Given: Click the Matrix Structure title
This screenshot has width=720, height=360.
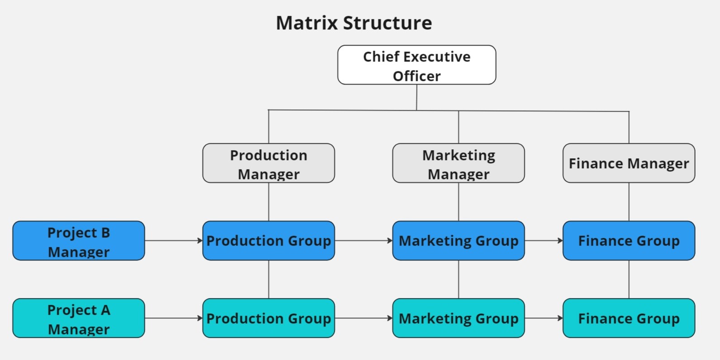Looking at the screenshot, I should (354, 23).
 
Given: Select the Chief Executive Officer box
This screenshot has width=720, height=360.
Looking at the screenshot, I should (417, 65).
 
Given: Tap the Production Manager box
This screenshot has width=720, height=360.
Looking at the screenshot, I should (269, 163).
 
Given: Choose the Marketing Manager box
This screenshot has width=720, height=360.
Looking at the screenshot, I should (459, 163).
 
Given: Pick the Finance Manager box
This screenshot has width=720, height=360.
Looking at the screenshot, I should (629, 163).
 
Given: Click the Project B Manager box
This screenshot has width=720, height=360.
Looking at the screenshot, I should (79, 241).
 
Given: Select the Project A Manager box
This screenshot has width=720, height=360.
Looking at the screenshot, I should (79, 318).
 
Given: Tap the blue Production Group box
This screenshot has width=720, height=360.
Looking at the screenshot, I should (269, 241).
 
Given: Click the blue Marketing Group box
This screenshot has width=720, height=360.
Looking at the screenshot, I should (459, 241).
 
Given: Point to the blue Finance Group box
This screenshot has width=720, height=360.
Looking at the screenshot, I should (629, 241).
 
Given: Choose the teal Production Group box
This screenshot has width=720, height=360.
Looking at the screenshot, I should (269, 318).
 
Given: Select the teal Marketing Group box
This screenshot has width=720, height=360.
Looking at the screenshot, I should (459, 318).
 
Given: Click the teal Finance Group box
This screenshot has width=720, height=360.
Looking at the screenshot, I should (629, 318).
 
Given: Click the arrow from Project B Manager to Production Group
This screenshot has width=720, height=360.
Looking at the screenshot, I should (174, 241).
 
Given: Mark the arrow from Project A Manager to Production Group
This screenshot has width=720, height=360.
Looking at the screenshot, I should (174, 318).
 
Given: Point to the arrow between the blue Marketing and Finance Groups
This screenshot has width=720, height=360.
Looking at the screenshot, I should (544, 241).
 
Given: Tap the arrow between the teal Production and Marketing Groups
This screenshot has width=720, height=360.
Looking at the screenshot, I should (364, 318).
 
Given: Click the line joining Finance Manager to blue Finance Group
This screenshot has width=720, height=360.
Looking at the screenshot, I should (629, 202).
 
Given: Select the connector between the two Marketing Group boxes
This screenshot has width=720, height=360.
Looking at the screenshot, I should (459, 279).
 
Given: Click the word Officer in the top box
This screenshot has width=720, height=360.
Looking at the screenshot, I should (417, 76).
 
